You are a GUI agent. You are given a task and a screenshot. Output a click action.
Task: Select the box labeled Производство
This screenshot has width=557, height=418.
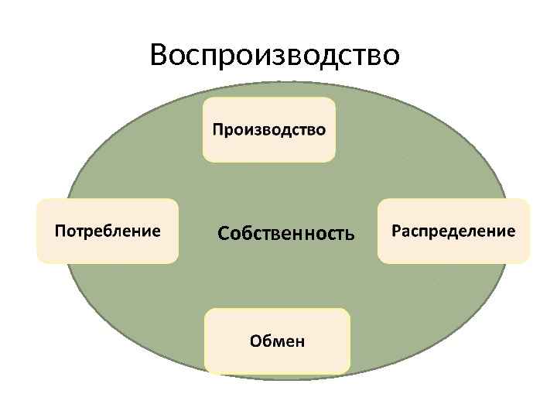(x=269, y=130)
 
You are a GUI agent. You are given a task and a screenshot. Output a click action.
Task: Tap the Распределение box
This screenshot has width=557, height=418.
(x=453, y=231)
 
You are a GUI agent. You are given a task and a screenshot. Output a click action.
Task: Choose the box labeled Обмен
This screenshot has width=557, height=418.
(x=277, y=341)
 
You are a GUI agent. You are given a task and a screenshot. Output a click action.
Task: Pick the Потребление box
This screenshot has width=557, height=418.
(x=108, y=231)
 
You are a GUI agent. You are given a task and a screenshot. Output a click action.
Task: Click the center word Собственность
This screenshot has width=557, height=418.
(x=285, y=233)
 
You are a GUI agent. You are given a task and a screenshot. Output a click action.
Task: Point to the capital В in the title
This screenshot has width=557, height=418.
(x=159, y=56)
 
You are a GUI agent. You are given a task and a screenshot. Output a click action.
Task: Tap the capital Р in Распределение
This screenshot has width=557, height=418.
(x=396, y=231)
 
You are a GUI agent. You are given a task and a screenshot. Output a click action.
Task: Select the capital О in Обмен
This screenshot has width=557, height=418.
(x=256, y=341)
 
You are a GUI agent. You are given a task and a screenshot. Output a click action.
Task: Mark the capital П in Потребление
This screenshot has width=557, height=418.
(x=59, y=231)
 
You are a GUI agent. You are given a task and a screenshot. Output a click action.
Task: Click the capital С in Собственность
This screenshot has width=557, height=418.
(x=223, y=233)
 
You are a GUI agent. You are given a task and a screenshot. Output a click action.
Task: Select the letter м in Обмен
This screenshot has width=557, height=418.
(x=277, y=341)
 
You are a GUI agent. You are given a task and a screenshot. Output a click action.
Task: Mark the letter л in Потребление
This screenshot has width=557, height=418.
(x=117, y=231)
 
